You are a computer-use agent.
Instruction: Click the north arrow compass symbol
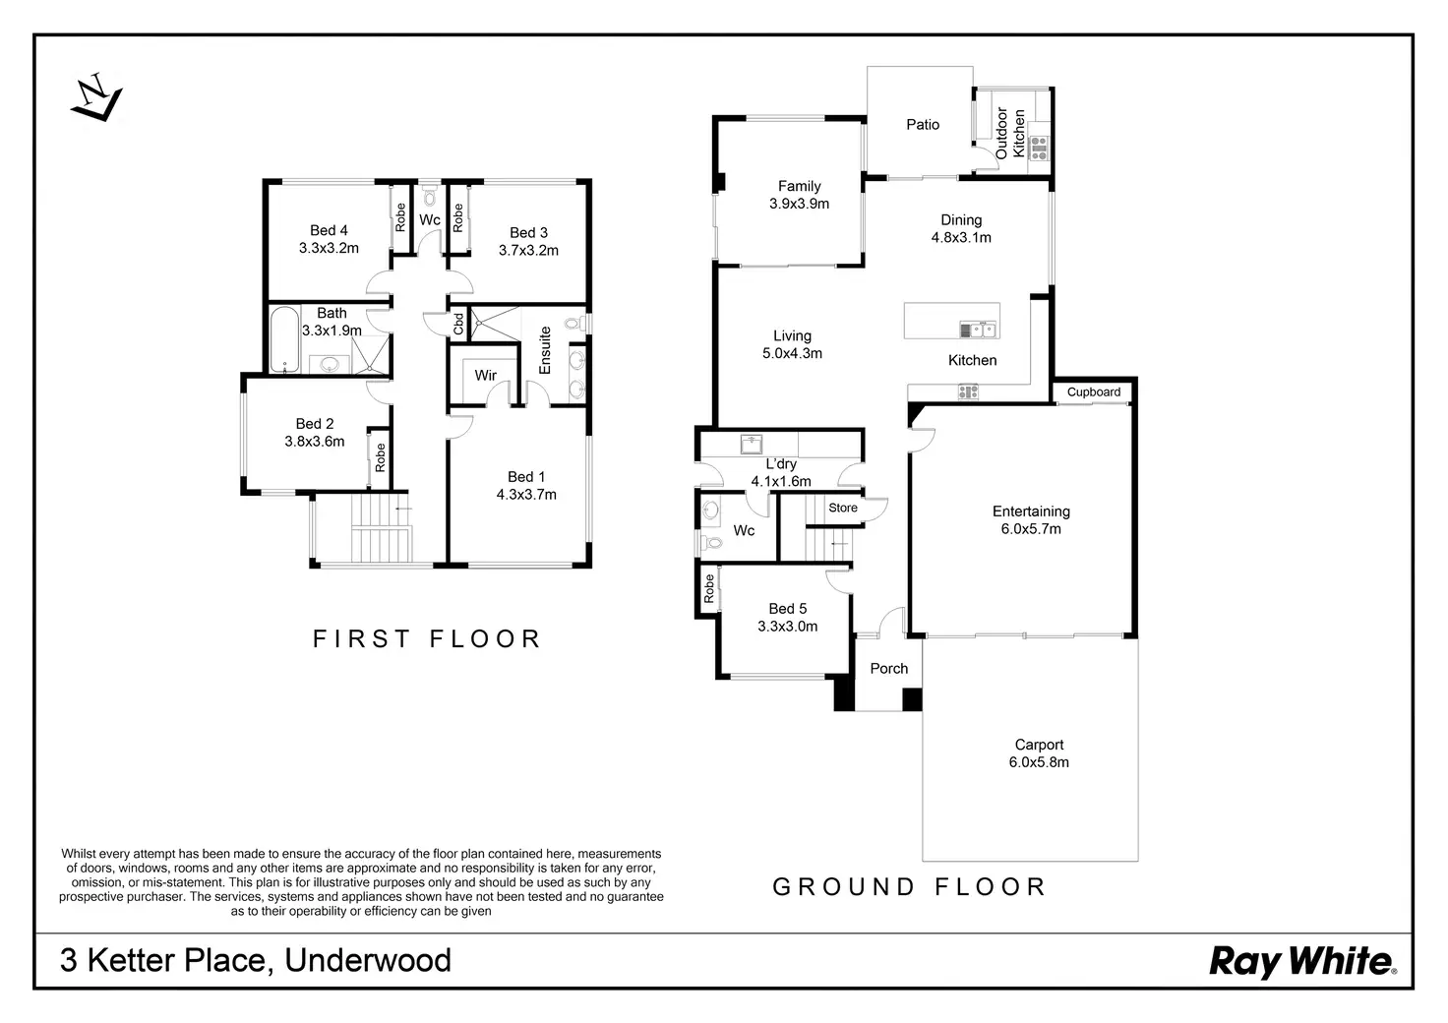click(95, 97)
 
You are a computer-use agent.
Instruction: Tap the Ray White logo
click(1301, 960)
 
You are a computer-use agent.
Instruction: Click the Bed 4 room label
click(329, 230)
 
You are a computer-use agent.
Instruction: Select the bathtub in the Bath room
click(284, 339)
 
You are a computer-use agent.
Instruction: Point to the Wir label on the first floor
click(486, 375)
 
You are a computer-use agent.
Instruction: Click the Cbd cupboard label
click(458, 324)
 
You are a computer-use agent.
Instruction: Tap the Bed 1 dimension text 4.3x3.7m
click(526, 495)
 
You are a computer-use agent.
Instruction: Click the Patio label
click(923, 125)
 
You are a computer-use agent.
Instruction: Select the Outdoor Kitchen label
click(1010, 134)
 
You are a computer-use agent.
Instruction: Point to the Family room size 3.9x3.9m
click(799, 204)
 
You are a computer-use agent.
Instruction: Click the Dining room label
click(961, 220)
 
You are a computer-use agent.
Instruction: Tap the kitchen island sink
click(978, 330)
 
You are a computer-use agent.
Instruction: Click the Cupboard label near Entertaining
click(1094, 391)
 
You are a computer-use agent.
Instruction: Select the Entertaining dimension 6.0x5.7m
click(1031, 529)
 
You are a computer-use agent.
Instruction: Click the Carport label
click(1039, 745)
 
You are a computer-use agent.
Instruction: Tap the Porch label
click(889, 669)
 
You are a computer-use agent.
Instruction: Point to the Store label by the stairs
click(843, 508)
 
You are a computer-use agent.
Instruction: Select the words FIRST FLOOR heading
click(427, 639)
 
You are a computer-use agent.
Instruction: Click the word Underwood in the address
click(368, 960)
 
